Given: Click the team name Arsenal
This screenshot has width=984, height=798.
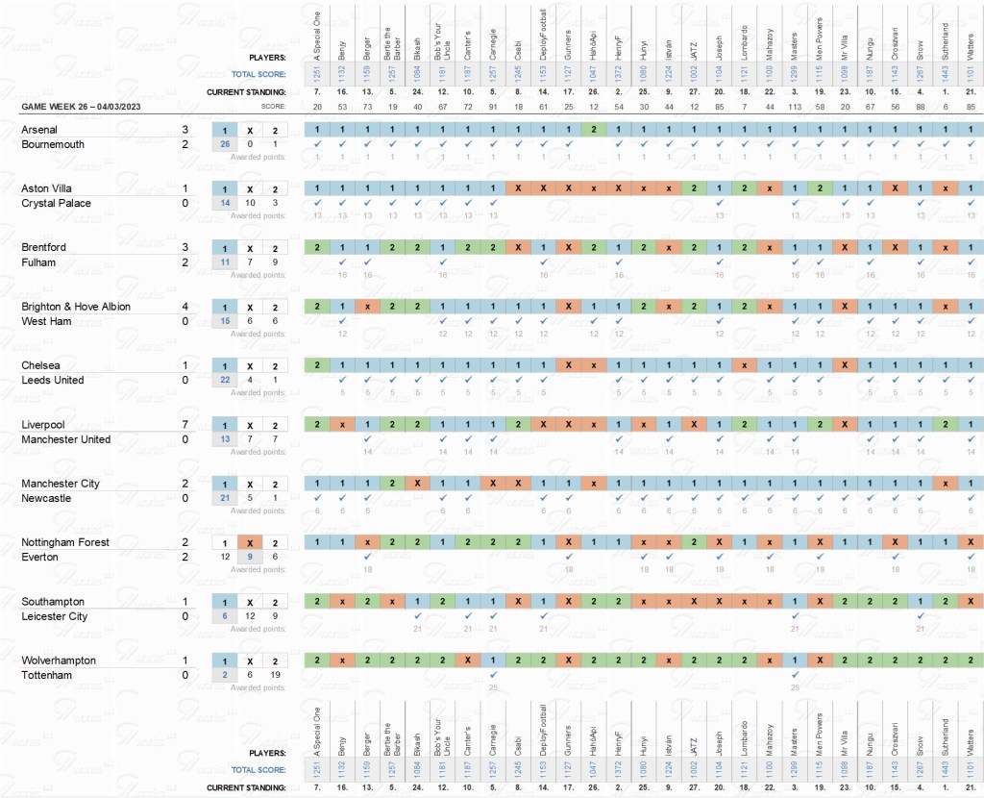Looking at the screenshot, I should pyautogui.click(x=39, y=130).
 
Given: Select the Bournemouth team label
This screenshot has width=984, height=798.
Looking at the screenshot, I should pyautogui.click(x=53, y=144).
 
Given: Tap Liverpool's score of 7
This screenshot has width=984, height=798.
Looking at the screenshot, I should pyautogui.click(x=185, y=425).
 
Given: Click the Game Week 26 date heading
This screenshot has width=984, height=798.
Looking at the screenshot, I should pyautogui.click(x=81, y=106).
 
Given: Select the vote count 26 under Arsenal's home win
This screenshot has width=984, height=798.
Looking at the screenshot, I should pyautogui.click(x=224, y=144).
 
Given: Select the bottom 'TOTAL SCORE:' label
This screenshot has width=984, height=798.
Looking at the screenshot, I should pyautogui.click(x=258, y=770).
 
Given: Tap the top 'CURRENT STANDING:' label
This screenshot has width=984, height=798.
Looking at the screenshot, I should pyautogui.click(x=246, y=91).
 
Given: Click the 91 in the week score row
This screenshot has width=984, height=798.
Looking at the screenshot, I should pyautogui.click(x=492, y=106).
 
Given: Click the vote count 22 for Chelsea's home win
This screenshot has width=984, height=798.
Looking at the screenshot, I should pyautogui.click(x=224, y=381).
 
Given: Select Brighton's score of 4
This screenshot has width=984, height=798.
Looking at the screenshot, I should pyautogui.click(x=185, y=307).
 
